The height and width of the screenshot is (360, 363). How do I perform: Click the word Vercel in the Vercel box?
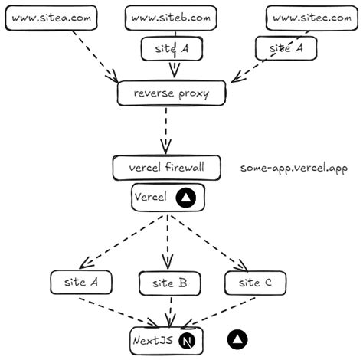[x=150, y=198]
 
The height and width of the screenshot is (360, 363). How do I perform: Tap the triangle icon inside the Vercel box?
[x=185, y=198]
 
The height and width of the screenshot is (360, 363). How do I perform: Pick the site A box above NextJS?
[x=80, y=282]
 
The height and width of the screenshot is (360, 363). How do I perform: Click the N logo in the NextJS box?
[x=187, y=338]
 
